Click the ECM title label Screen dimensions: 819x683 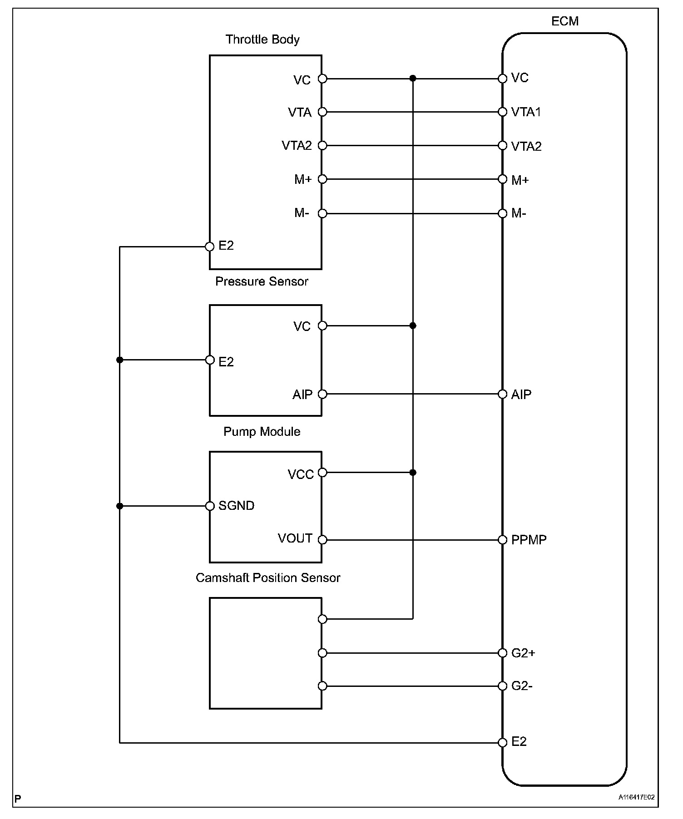[564, 21]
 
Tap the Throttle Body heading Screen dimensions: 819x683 [262, 39]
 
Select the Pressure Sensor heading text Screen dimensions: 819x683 [262, 281]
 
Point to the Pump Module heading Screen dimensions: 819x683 [262, 431]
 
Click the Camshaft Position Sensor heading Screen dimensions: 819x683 [268, 577]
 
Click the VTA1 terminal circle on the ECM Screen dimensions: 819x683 [502, 112]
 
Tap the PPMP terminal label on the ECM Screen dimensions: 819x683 [529, 540]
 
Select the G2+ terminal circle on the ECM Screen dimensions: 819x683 [502, 653]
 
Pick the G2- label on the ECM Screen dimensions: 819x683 [522, 686]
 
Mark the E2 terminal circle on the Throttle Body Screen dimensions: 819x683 [209, 247]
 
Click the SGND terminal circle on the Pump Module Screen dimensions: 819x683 [209, 506]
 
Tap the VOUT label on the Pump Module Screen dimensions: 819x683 [295, 538]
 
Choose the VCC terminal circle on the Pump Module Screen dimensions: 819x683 [322, 473]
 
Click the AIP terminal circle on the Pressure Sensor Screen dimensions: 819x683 [322, 394]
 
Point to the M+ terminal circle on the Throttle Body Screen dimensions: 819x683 [322, 179]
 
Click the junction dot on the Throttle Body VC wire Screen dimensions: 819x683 [413, 79]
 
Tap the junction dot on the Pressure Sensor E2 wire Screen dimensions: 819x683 [119, 360]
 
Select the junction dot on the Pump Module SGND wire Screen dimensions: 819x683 [119, 506]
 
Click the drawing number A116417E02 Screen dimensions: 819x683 [636, 797]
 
